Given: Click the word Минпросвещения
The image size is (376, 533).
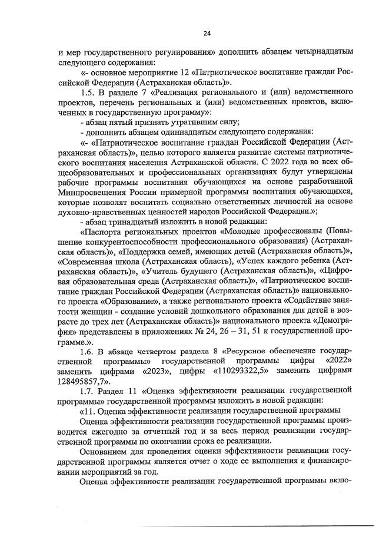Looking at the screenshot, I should [89, 191].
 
